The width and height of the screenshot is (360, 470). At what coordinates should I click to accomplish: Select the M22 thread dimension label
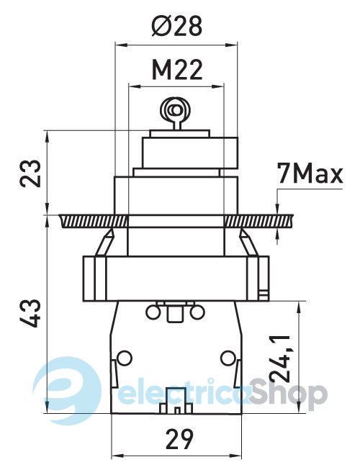[x=177, y=70]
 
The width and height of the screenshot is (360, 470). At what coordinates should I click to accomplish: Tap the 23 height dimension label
[x=30, y=173]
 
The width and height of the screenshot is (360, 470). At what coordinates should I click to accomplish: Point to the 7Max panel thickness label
[x=310, y=173]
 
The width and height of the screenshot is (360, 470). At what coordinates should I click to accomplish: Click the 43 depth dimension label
[x=30, y=313]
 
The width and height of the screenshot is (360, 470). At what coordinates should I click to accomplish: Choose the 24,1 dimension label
[x=279, y=359]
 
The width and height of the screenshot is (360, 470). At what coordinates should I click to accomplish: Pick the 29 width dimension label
[x=179, y=440]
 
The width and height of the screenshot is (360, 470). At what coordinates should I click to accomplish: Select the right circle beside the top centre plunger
[x=197, y=312]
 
